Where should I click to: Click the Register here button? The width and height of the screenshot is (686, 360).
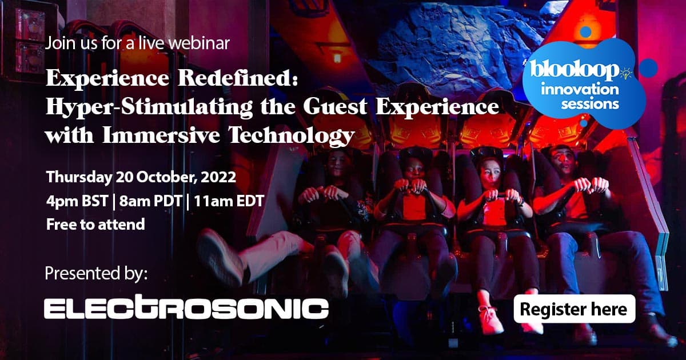point(575,309)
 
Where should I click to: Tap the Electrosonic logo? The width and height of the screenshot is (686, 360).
point(186,307)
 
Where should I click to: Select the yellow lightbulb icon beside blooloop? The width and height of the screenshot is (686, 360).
point(626,73)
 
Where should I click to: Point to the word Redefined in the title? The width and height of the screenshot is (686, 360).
point(238,78)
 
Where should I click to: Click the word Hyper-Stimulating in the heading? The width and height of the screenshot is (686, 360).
point(149,108)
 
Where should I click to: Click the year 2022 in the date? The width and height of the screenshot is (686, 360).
point(218,177)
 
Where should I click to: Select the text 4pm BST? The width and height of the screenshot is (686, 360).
point(77,201)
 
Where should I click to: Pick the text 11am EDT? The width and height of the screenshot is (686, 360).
point(229,201)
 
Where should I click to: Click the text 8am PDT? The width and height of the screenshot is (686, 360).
point(150,201)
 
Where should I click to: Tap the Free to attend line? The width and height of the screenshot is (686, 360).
point(95,225)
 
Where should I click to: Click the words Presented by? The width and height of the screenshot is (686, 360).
point(96,273)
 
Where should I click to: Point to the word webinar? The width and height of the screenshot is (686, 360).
point(199,43)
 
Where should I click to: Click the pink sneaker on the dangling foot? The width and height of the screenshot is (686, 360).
point(490,319)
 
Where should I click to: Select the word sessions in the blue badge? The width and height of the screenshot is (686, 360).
point(590,105)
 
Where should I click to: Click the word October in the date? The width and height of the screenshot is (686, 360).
point(165,177)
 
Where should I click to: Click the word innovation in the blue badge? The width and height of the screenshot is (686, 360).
point(580,89)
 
